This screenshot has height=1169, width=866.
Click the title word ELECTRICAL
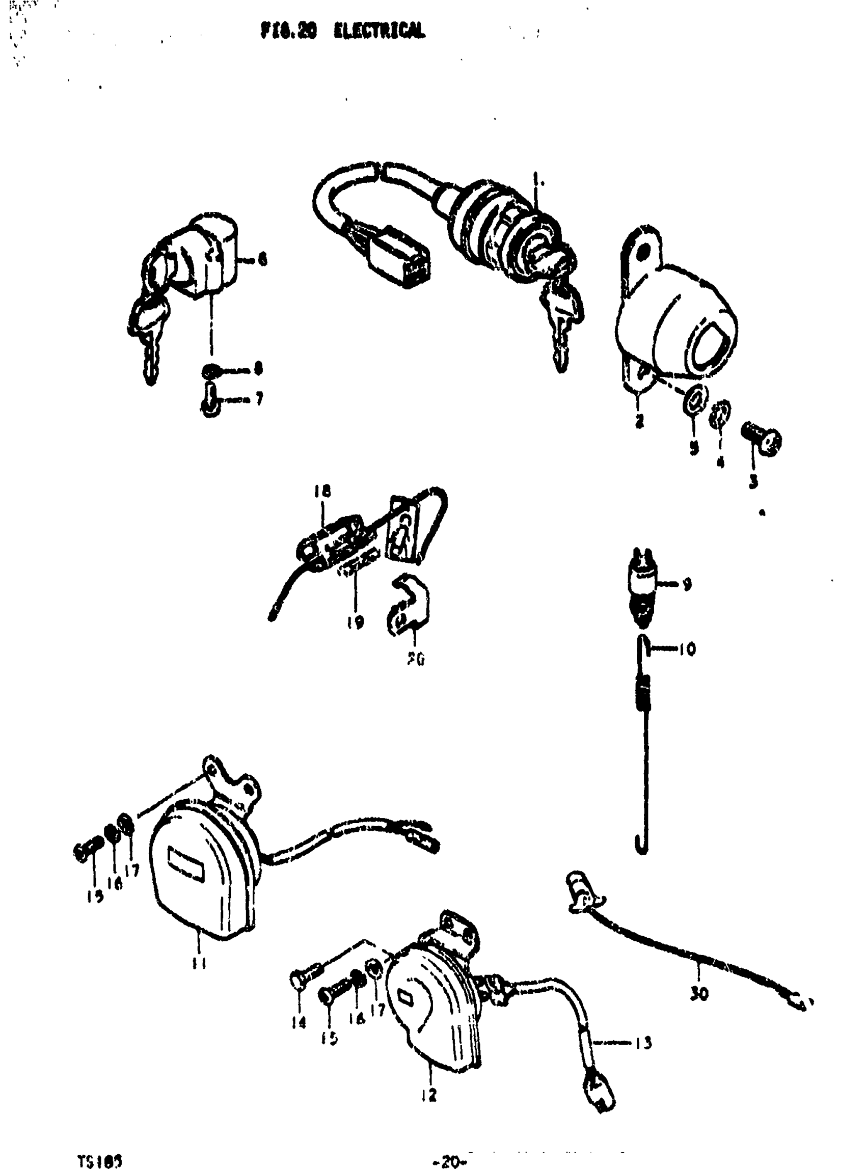[x=380, y=32]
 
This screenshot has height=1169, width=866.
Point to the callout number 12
[x=429, y=1095]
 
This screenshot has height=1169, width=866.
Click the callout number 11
[x=198, y=963]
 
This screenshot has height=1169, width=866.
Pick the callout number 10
[x=686, y=649]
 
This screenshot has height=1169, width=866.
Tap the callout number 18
[x=323, y=491]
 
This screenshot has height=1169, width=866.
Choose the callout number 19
[x=355, y=622]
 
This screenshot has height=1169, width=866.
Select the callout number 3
[x=753, y=482]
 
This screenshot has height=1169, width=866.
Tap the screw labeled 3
[x=762, y=437]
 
